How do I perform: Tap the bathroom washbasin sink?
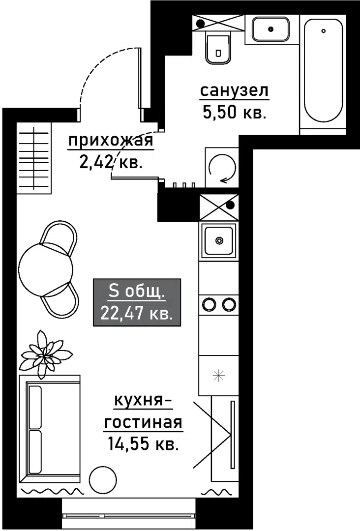(270, 29)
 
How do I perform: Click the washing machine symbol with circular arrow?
(221, 168)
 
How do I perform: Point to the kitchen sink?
(219, 240)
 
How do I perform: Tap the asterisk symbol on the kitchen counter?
(218, 376)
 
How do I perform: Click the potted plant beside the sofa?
(45, 354)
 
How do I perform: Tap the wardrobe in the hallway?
(34, 158)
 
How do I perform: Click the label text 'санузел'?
(234, 92)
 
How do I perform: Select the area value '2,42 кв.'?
(111, 162)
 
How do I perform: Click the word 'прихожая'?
(111, 142)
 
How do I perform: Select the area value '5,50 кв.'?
(234, 113)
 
